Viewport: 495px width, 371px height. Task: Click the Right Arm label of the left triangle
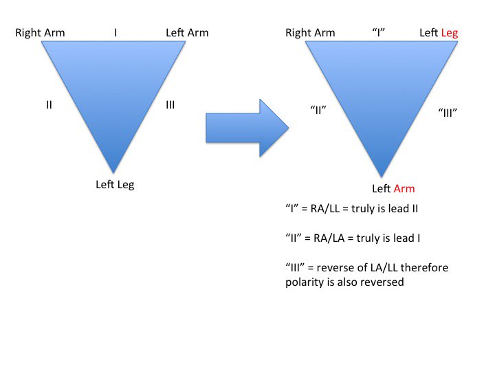tap(40, 32)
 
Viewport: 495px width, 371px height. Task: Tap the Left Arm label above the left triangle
tap(187, 32)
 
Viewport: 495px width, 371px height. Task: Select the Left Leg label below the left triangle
tap(115, 184)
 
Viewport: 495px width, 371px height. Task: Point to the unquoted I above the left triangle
tap(115, 32)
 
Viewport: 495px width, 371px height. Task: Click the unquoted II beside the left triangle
tap(49, 105)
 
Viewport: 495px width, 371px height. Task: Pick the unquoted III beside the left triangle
tap(170, 105)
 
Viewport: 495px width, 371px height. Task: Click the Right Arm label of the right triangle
tap(310, 32)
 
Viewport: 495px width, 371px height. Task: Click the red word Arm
tap(404, 188)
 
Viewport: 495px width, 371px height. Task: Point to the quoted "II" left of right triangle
tap(317, 109)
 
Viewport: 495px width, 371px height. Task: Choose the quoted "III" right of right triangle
tap(448, 113)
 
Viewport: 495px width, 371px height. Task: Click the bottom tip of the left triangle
tap(113, 171)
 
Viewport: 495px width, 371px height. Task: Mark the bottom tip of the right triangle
tap(382, 177)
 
